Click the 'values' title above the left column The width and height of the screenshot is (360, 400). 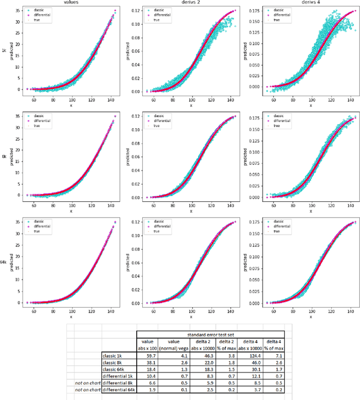coord(71,3)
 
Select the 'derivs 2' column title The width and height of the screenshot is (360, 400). coord(190,3)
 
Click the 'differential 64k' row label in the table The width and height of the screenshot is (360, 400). coord(115,390)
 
